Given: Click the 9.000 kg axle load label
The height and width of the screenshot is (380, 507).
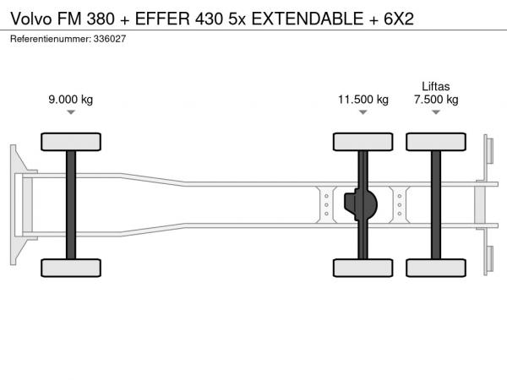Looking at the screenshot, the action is (x=71, y=100).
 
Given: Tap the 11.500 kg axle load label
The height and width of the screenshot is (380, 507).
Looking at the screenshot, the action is (x=363, y=100).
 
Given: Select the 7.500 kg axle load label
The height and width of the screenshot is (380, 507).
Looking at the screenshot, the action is (x=436, y=100).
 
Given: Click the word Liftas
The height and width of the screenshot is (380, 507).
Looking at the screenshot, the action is (x=436, y=86).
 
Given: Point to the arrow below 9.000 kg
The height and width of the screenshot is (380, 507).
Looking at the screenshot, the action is (x=71, y=112).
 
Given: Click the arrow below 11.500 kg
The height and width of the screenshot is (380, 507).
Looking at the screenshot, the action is (x=363, y=112).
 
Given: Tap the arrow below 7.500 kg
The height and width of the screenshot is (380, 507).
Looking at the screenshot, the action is (x=436, y=112).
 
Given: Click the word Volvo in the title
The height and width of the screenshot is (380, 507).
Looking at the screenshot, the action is (x=31, y=19).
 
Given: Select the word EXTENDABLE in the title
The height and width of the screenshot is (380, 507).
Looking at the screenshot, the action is (x=308, y=19).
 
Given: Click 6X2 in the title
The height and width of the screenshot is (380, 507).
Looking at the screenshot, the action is (x=399, y=19).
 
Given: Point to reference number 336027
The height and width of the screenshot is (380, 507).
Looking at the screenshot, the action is (x=110, y=39).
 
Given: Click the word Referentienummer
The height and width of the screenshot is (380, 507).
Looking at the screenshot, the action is (x=51, y=39).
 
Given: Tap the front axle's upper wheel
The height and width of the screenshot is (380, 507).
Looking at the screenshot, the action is (x=71, y=142).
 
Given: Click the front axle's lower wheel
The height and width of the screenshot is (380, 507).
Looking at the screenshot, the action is (x=71, y=268).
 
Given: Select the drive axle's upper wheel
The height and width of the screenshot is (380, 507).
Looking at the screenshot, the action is (x=363, y=142).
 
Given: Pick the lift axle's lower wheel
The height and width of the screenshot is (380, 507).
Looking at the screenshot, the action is (x=436, y=268).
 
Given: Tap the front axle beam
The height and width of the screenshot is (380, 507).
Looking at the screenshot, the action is (x=71, y=205).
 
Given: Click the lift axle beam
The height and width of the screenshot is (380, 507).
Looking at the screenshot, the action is (x=436, y=205).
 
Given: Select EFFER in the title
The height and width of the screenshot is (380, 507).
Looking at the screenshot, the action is (x=162, y=19).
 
